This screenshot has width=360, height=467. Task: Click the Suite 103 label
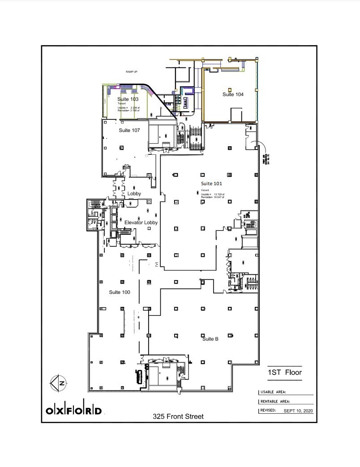[128, 99]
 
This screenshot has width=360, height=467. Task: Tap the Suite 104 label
[233, 94]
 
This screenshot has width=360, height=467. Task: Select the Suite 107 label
[129, 131]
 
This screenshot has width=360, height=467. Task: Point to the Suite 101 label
[212, 183]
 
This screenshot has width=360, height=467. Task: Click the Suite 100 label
[120, 292]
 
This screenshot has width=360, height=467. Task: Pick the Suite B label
[210, 339]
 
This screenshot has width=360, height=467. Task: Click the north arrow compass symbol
[59, 382]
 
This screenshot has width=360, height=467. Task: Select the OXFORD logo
[74, 411]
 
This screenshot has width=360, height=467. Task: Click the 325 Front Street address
[178, 416]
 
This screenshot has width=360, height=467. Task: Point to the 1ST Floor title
[284, 373]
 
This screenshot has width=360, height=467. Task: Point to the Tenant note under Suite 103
[121, 103]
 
